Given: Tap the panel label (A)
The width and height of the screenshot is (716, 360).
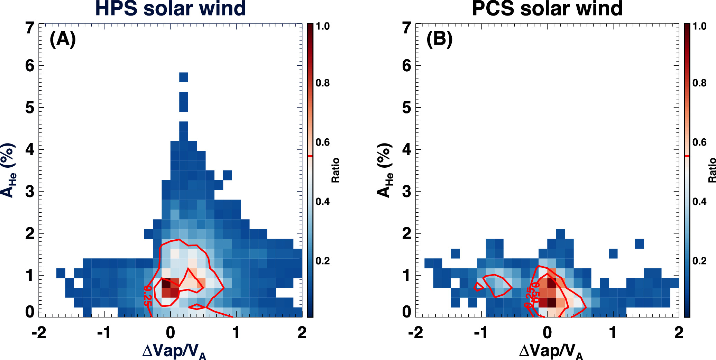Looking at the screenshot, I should tap(63, 39).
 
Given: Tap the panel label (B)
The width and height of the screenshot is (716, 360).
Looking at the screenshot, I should tap(439, 39).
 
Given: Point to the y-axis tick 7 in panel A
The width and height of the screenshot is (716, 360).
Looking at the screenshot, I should tap(30, 28).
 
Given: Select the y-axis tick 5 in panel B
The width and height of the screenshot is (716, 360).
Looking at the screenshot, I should tap(407, 108).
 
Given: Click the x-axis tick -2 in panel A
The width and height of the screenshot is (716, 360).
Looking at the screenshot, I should tap(38, 333).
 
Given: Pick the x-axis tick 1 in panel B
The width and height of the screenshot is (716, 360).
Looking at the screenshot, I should tap(613, 333).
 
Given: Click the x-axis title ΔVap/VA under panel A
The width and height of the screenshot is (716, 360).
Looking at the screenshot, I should tap(174, 351).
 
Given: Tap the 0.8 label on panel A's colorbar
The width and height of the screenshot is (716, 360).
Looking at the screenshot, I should tap(322, 83).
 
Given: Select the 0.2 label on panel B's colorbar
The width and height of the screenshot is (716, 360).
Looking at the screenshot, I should tap(699, 261).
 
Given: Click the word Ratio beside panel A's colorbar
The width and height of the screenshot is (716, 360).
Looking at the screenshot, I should tap(335, 170).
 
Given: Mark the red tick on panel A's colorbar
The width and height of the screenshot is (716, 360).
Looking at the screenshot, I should tap(310, 156).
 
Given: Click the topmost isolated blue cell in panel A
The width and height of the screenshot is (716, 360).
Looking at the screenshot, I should tap(184, 77).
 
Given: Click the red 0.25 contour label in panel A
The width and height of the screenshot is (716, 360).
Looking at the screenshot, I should tap(148, 295).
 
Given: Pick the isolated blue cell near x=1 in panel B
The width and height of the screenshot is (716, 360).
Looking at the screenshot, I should tap(613, 253).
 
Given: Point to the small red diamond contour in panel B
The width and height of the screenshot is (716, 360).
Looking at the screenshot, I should tap(478, 287).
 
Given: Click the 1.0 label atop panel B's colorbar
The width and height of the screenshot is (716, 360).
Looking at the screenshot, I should tap(699, 26).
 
